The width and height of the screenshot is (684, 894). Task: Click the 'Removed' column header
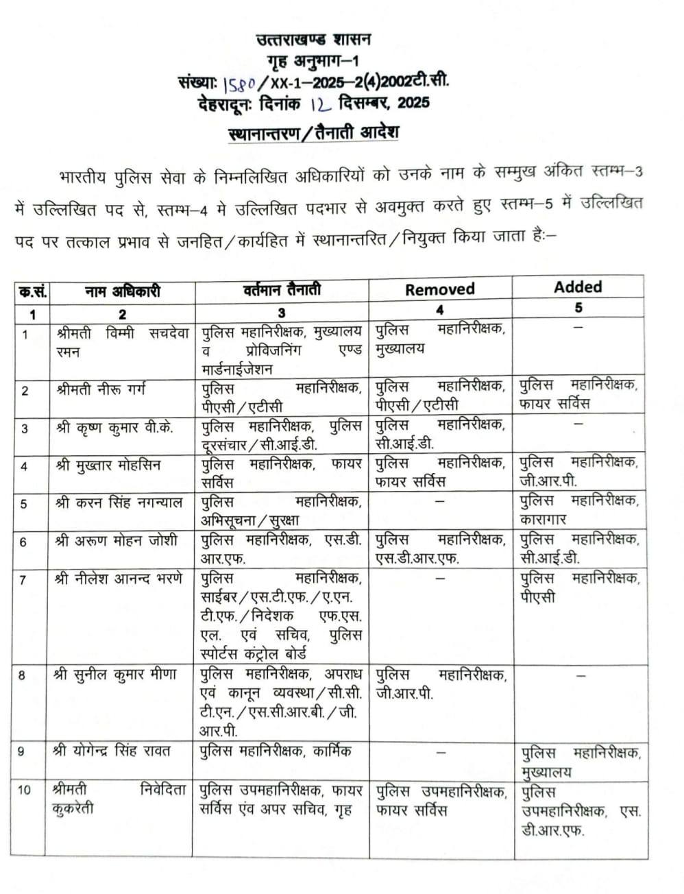439,289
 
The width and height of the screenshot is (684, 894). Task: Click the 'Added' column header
578,287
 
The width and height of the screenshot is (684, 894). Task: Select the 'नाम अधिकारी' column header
122,291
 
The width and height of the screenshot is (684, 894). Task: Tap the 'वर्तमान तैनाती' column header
282,290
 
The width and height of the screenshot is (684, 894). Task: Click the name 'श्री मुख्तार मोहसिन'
108,466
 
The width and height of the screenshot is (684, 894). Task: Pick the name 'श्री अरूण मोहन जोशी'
116,541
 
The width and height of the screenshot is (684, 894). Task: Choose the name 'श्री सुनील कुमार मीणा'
115,675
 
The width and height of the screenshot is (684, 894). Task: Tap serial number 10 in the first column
25,790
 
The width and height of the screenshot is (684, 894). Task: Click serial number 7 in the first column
24,580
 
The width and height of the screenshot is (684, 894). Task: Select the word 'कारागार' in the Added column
543,520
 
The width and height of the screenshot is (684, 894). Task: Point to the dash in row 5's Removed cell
440,501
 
